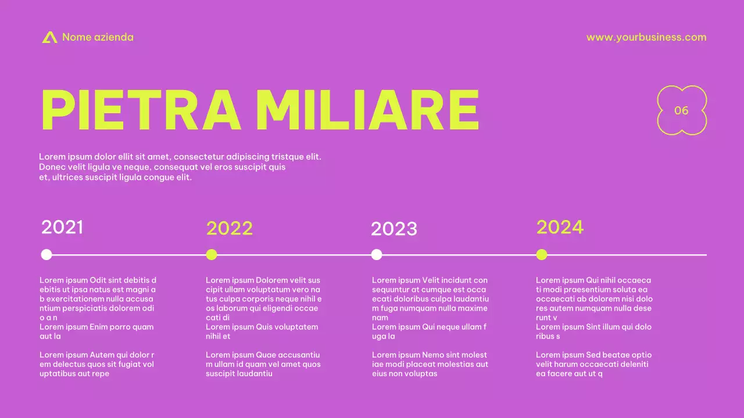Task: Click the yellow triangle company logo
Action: [x=49, y=37]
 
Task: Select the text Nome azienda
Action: [x=98, y=37]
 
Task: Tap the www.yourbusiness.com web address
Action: [x=646, y=37]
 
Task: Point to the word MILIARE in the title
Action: [x=367, y=110]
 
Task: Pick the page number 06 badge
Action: [x=681, y=110]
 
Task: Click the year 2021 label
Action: [x=62, y=227]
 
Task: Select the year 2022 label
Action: [x=230, y=228]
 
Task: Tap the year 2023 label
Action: [x=394, y=229]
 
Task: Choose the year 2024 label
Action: [x=560, y=227]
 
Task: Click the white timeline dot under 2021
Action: [x=46, y=254]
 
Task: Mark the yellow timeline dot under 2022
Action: [x=212, y=254]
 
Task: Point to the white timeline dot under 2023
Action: [x=377, y=254]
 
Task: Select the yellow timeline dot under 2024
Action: [x=542, y=254]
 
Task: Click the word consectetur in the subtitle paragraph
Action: [x=198, y=157]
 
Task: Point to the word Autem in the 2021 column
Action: [x=102, y=355]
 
